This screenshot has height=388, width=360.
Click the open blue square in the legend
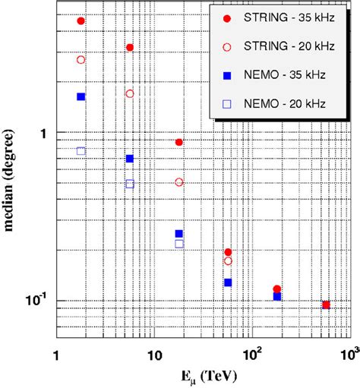tap(227, 103)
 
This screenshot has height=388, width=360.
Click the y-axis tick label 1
tap(43, 133)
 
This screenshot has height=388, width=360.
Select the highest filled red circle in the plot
tap(81, 21)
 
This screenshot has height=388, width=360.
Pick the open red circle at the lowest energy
tap(81, 59)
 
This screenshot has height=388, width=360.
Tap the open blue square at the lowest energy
tap(81, 151)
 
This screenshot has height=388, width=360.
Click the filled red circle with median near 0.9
tap(179, 142)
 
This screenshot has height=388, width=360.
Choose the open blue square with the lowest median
tap(179, 244)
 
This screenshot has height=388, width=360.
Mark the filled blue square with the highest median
tap(81, 96)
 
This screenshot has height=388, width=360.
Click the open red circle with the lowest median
tap(228, 261)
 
